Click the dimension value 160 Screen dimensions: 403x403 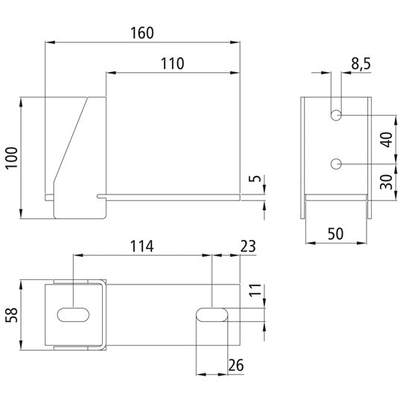tap(142, 34)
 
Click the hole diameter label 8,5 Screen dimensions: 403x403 tap(361, 65)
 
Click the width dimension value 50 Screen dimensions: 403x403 tap(336, 234)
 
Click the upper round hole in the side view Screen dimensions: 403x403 tap(337, 115)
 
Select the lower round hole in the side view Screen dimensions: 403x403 tap(337, 163)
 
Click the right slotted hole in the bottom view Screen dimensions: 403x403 tap(212, 314)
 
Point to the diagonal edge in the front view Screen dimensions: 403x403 tap(73, 141)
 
